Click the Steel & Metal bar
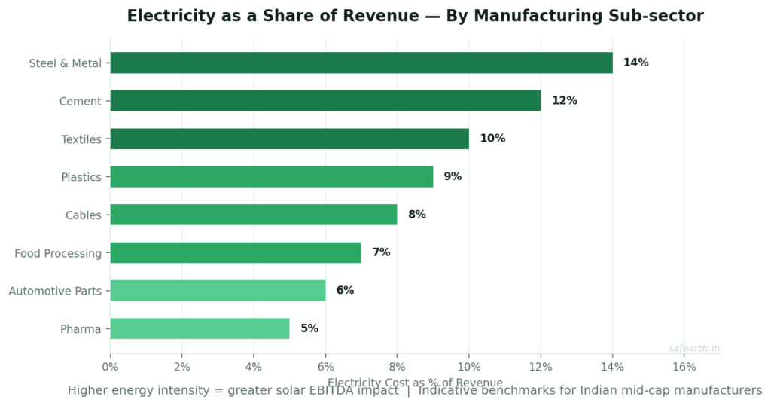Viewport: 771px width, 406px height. click(361, 63)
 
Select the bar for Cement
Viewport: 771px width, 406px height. click(325, 101)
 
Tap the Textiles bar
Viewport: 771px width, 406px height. click(290, 139)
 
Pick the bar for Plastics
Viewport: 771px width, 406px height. click(272, 177)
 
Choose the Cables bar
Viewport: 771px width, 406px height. click(254, 215)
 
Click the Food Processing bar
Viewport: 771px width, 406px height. click(236, 252)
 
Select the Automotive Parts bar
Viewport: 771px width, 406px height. click(218, 291)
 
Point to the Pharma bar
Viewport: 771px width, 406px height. click(200, 328)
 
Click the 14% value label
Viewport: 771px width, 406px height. click(635, 63)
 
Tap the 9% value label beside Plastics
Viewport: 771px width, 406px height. click(453, 177)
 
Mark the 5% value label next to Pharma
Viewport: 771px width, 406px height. click(309, 328)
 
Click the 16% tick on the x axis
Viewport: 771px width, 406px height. click(684, 367)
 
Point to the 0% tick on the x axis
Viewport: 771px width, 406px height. click(111, 367)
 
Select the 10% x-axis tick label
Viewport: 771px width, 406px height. click(469, 367)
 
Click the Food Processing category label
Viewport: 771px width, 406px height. click(58, 253)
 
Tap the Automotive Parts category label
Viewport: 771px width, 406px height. click(55, 291)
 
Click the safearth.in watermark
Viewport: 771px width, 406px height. click(693, 348)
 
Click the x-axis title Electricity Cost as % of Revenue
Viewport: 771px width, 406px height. click(415, 383)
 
